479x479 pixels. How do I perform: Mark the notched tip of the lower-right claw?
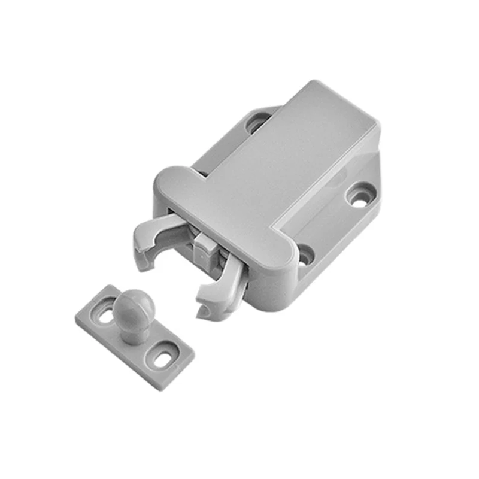point(204,308)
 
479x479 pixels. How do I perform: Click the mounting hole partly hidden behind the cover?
point(256,122)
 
